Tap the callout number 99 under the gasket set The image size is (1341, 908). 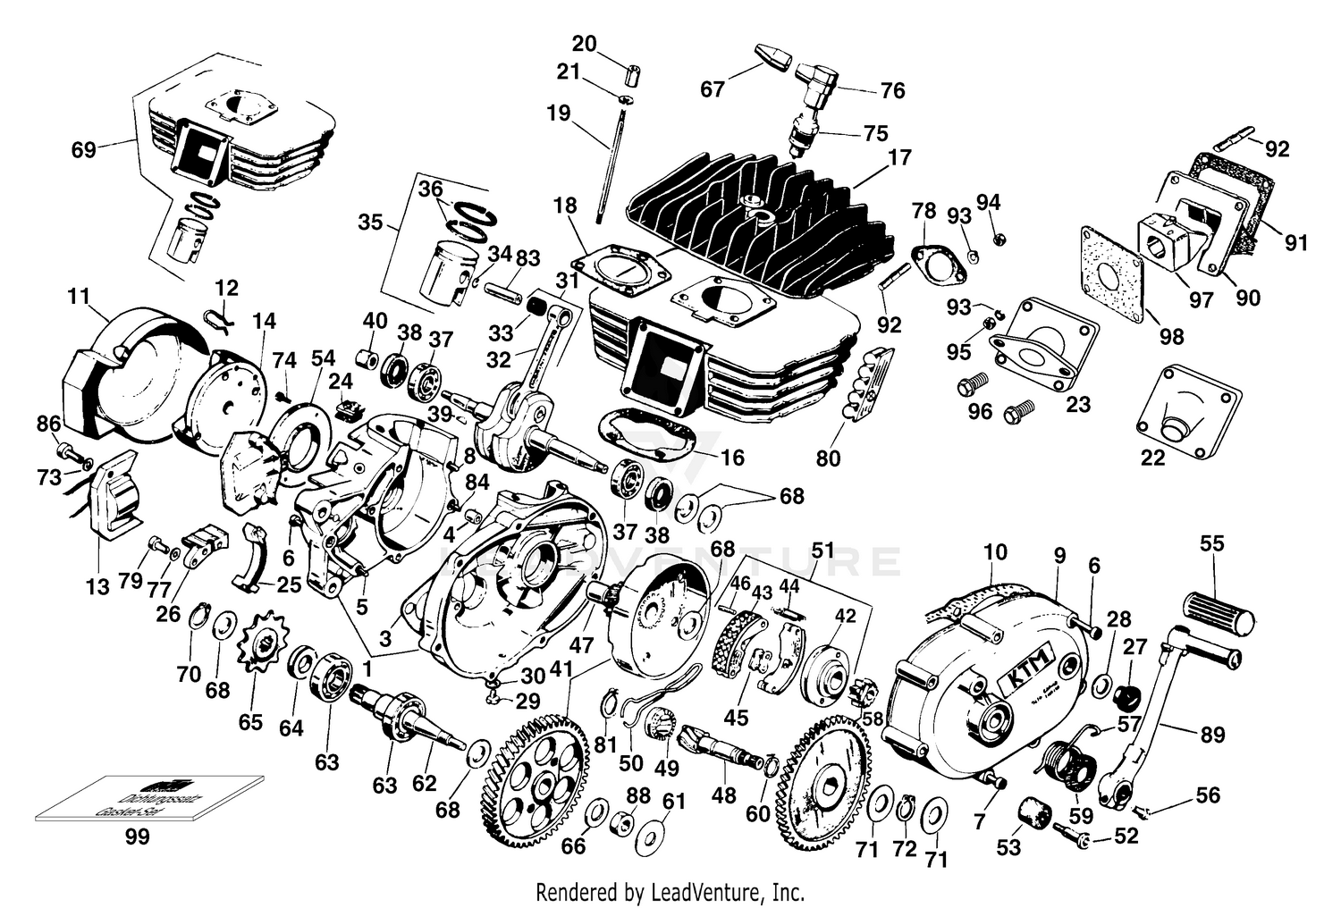(x=138, y=837)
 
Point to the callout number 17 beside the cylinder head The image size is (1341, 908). (x=899, y=158)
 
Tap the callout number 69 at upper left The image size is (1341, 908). (x=84, y=149)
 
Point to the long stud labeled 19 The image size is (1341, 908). (x=608, y=170)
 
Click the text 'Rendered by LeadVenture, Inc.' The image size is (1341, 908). (x=670, y=891)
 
